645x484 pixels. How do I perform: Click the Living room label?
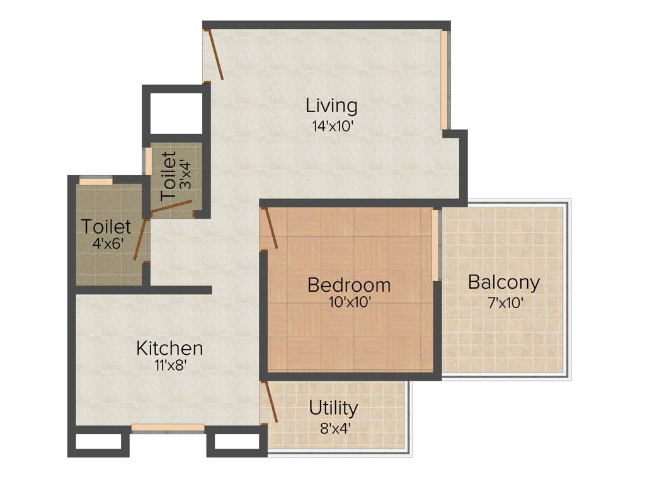331,105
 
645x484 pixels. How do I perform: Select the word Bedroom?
349,285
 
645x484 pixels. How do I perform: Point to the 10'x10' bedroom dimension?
349,302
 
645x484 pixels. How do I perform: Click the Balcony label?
503,282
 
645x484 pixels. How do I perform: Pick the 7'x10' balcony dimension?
503,302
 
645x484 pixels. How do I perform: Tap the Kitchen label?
169,348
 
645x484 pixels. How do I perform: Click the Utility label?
333,408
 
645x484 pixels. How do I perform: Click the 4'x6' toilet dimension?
106,243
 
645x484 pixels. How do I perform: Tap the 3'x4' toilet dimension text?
184,170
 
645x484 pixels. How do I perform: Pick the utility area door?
270,402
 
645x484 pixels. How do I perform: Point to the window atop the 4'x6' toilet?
96,181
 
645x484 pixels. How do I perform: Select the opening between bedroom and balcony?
435,246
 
